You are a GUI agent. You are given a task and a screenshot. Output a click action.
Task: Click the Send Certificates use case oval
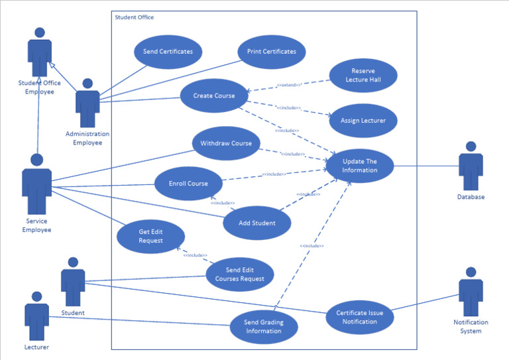[168, 52]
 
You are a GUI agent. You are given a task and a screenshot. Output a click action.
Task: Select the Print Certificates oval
[271, 52]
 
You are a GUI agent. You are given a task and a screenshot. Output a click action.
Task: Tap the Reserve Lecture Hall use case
[363, 76]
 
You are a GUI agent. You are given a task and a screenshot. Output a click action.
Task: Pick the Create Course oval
[213, 96]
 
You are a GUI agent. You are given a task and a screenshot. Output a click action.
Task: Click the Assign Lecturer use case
[363, 121]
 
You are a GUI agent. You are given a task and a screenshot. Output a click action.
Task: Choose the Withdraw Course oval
[226, 144]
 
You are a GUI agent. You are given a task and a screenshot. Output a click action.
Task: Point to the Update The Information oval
[360, 166]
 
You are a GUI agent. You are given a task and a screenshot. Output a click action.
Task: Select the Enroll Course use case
[188, 184]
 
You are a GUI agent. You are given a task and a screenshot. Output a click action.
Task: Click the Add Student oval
[256, 223]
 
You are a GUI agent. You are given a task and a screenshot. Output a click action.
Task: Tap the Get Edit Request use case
[150, 236]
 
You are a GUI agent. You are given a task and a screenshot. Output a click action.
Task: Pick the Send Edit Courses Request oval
[239, 274]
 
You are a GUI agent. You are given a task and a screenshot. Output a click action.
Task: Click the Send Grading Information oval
[263, 327]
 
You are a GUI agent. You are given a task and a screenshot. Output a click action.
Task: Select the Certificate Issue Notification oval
[360, 318]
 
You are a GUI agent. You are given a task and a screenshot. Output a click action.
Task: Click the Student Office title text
[135, 17]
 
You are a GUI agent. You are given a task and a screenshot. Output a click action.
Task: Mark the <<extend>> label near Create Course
[288, 86]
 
